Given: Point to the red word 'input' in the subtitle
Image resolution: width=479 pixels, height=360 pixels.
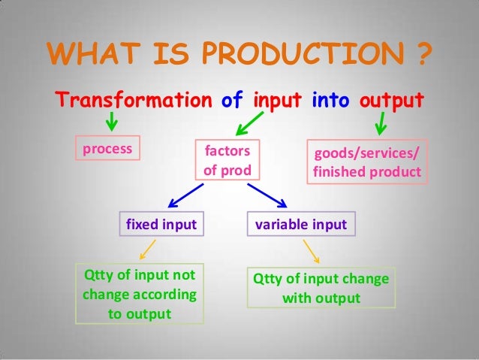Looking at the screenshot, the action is (x=276, y=100).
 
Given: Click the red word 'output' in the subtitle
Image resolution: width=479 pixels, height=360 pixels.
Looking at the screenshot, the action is (x=392, y=100).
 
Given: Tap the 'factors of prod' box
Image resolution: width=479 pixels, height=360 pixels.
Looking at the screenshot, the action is (x=227, y=160).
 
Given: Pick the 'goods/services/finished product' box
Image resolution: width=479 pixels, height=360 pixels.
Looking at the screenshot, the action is (x=366, y=162).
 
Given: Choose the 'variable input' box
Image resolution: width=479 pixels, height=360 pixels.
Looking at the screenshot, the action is (x=302, y=224).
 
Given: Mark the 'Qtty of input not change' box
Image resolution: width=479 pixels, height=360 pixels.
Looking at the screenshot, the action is (x=140, y=293).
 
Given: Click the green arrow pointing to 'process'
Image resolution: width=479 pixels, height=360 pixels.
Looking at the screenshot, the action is (x=112, y=120).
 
